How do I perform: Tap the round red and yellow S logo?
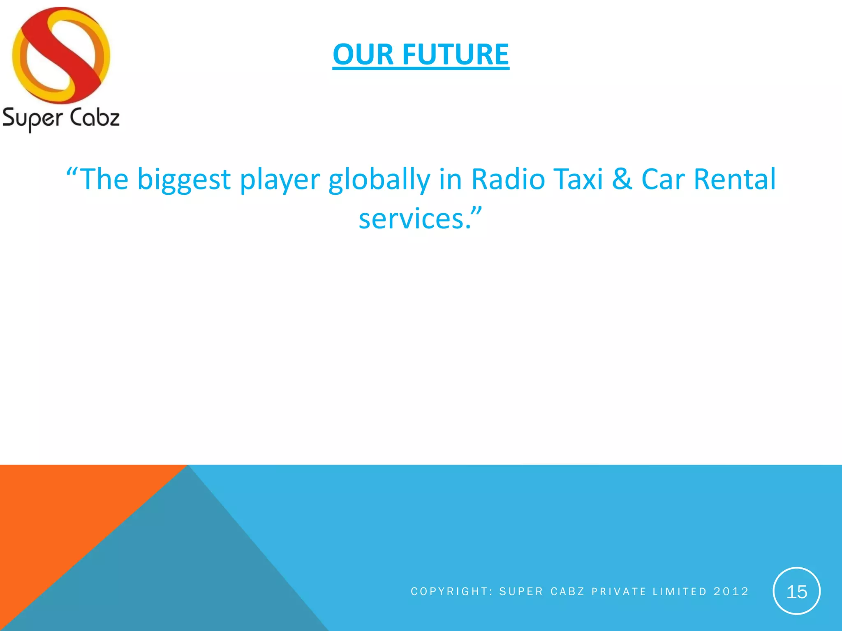tap(61, 55)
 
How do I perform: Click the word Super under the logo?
tap(32, 118)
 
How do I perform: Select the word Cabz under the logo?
tap(95, 117)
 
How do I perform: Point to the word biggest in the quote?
tap(184, 180)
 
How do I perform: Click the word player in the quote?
tap(280, 180)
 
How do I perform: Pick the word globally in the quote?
tap(379, 180)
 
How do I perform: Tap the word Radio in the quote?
tap(508, 179)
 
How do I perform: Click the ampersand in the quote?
tap(622, 179)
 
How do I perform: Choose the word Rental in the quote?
tap(735, 179)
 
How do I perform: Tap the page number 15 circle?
tap(796, 591)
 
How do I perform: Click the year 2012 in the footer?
tap(731, 591)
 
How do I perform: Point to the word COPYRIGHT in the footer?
tap(449, 591)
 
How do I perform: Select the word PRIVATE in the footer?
tap(619, 591)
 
